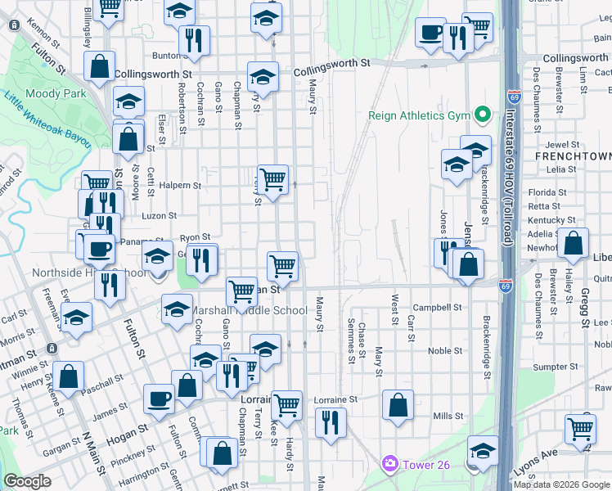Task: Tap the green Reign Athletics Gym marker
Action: point(483,115)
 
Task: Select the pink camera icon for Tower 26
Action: point(389,464)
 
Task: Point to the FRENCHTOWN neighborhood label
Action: point(573,155)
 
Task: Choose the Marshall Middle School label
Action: point(249,311)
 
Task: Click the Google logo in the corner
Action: point(27,481)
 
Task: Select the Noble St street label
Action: point(445,350)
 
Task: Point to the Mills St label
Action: point(448,416)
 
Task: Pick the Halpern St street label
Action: point(182,186)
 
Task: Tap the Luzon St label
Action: point(160,216)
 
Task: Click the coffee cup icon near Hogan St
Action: point(159,399)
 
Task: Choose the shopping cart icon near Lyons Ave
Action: point(580,427)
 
